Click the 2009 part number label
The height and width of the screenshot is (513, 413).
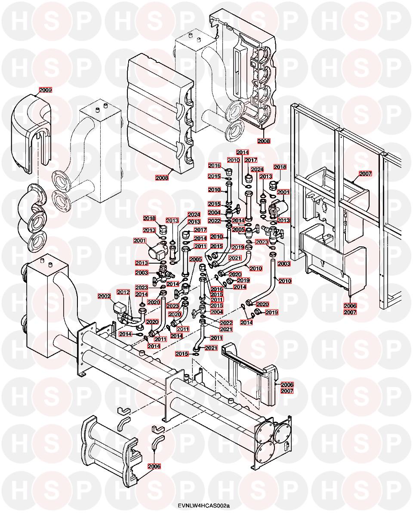[45, 90]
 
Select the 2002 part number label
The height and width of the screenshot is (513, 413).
[104, 296]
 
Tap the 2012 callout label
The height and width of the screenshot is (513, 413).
[123, 292]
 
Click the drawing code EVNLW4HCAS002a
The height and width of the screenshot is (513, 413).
[206, 506]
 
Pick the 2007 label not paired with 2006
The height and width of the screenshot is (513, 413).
[365, 174]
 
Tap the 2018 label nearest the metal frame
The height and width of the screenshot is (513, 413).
[280, 167]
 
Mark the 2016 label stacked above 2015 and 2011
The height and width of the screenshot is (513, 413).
[216, 289]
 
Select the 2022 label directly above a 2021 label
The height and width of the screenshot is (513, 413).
[226, 323]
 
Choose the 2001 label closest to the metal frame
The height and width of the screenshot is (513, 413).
[283, 192]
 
